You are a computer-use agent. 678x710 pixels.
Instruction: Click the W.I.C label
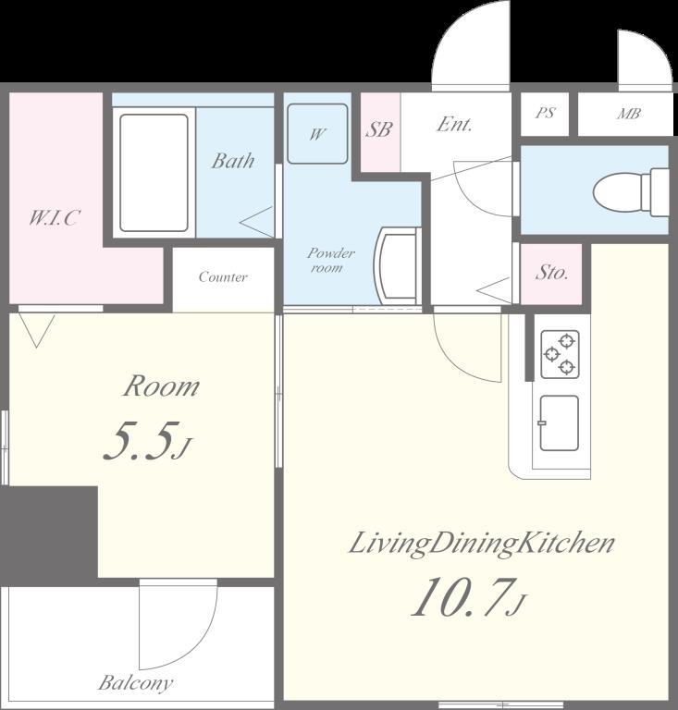point(55,218)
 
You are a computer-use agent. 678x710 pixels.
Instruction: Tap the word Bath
point(233,161)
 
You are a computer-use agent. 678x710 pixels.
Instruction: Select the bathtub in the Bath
point(154,173)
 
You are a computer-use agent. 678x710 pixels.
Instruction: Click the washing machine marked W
point(317,133)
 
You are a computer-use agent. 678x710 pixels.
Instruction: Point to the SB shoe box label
point(378,129)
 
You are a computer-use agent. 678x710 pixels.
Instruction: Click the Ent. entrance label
point(454,124)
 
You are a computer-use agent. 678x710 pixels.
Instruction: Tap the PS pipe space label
point(545,112)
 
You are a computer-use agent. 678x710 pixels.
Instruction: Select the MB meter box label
point(629,113)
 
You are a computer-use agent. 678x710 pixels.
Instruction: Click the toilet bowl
point(631,192)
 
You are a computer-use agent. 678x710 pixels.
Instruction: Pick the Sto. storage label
point(551,272)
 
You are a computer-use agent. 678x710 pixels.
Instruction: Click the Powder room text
point(330,260)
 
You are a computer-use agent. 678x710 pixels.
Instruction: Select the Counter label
point(223,276)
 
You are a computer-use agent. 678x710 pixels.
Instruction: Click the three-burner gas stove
point(560,355)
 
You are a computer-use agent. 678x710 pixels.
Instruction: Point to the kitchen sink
point(560,423)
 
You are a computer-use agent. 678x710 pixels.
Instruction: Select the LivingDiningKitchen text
point(482,544)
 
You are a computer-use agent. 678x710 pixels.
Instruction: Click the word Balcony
point(135,682)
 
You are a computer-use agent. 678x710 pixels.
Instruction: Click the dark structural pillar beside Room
point(49,532)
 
